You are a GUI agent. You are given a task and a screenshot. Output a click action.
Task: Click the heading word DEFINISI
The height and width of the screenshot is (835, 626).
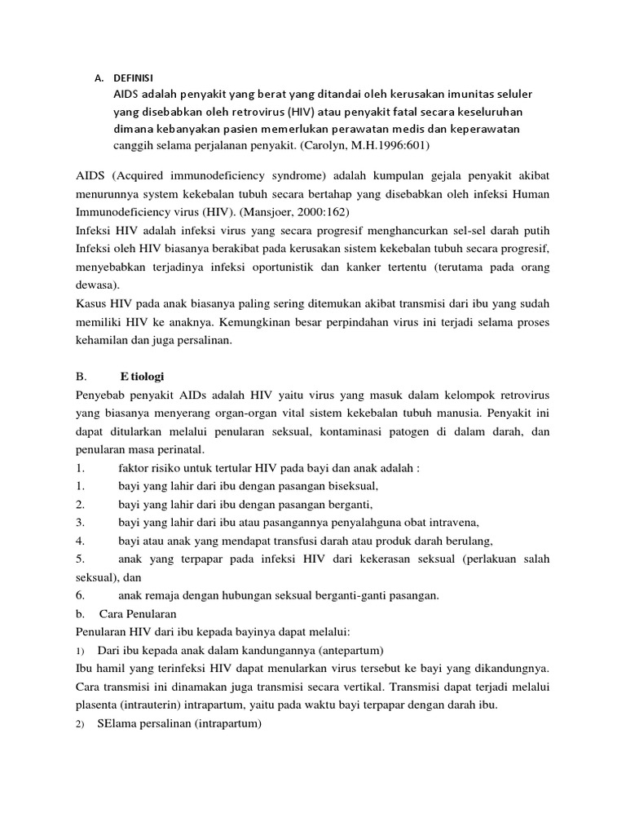click(x=132, y=78)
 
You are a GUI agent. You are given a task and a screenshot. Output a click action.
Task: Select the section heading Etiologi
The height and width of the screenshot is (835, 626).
click(x=143, y=378)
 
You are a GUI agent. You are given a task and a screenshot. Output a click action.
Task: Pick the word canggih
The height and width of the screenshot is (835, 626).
click(x=131, y=146)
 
